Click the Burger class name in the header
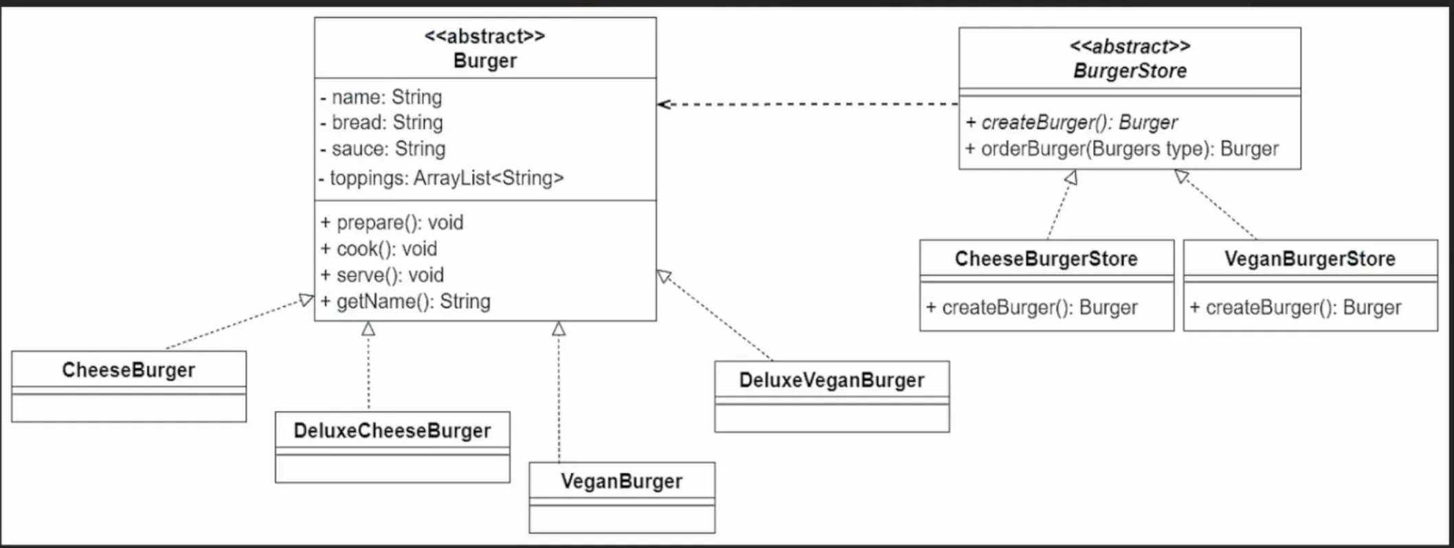484,60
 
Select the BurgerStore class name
1130,71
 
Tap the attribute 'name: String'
382,98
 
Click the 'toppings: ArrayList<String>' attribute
441,178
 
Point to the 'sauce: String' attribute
383,148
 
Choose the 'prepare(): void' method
392,222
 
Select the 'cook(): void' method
379,249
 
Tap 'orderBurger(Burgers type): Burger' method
1122,149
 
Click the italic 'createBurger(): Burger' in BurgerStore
1072,122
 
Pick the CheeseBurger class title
128,370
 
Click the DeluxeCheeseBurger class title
392,431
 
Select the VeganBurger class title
621,481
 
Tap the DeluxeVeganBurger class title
831,380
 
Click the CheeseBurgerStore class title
1046,259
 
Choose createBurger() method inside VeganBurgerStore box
1295,308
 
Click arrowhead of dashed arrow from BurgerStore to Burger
663,104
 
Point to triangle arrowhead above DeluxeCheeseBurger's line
368,329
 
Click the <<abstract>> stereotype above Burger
484,36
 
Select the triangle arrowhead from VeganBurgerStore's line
1181,176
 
